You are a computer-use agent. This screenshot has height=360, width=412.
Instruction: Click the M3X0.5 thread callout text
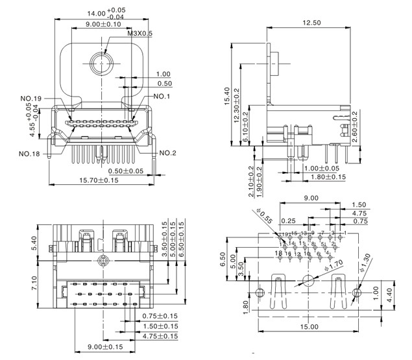139,33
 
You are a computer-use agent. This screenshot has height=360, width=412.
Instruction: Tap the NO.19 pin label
30,99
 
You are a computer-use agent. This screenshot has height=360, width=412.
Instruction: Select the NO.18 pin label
29,154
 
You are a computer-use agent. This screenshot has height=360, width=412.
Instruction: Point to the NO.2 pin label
168,153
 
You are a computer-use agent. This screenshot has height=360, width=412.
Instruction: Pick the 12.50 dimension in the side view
312,23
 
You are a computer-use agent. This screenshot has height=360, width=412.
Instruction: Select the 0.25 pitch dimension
288,221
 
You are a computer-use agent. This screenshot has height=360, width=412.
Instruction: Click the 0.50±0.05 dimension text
126,171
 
